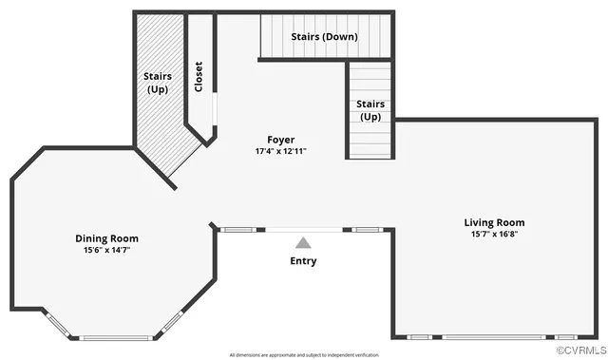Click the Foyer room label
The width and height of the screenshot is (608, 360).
tap(280, 139)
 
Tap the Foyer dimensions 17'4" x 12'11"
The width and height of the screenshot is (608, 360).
tap(280, 151)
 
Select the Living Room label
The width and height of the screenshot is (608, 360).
tap(493, 221)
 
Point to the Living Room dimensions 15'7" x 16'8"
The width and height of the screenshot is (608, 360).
tap(493, 234)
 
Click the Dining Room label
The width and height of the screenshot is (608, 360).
tap(106, 238)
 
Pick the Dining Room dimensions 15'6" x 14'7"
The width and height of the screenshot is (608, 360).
tap(106, 251)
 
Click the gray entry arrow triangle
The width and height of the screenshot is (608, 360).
tap(303, 243)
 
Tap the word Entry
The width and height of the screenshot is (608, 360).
tap(303, 260)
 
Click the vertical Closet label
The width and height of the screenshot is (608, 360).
tap(199, 77)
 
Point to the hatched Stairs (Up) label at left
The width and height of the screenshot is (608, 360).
tap(157, 82)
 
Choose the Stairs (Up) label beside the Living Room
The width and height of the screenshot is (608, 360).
tap(370, 110)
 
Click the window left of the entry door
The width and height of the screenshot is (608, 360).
tap(237, 229)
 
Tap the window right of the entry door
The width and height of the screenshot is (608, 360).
tap(367, 229)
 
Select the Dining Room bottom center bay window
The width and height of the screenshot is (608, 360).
tap(116, 337)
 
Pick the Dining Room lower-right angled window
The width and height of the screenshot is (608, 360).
tap(172, 324)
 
